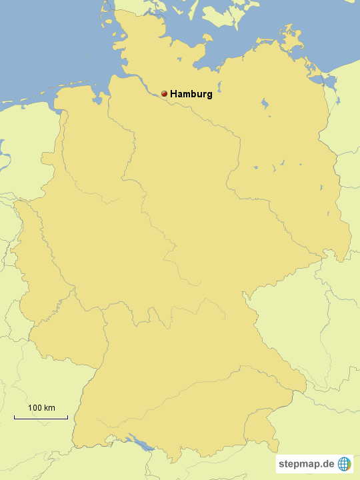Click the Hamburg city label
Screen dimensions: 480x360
[x=191, y=94]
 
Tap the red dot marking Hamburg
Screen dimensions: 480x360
[x=164, y=94]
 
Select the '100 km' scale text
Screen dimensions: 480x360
[x=41, y=407]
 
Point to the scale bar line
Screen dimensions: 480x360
[x=41, y=418]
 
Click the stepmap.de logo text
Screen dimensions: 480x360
[x=307, y=463]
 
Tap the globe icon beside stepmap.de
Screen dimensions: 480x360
[x=344, y=463]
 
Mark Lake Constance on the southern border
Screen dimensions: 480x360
[x=141, y=441]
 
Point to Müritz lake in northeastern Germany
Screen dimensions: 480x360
[x=265, y=105]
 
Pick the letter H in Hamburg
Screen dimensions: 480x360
[x=174, y=94]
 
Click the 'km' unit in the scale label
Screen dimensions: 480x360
[x=49, y=407]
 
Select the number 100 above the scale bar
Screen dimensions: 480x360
[x=35, y=407]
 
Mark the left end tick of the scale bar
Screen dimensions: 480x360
[x=15, y=417]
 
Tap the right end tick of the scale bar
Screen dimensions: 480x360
[x=67, y=417]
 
